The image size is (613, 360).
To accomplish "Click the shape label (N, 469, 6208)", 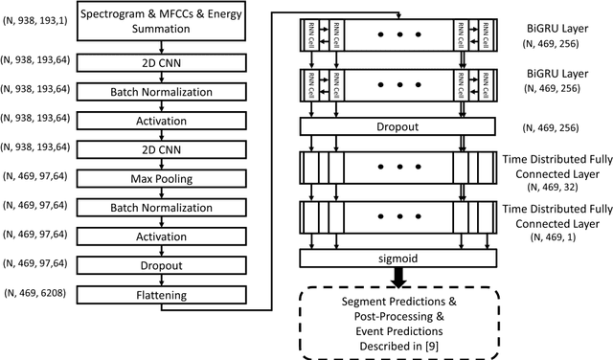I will point(35,291).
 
